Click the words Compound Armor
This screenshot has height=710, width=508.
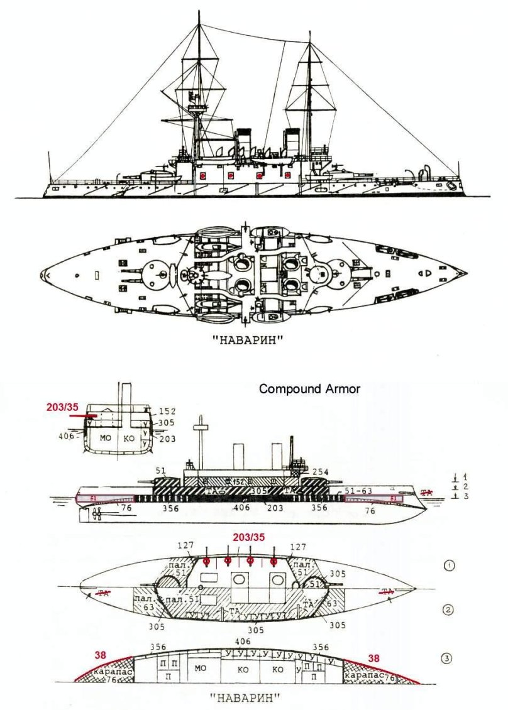(x=309, y=389)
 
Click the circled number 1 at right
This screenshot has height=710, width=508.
(x=449, y=565)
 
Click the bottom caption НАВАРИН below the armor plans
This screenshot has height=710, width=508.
(x=245, y=697)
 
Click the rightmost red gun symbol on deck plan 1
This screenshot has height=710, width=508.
(x=273, y=561)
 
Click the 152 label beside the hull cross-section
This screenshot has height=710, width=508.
(x=167, y=411)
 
